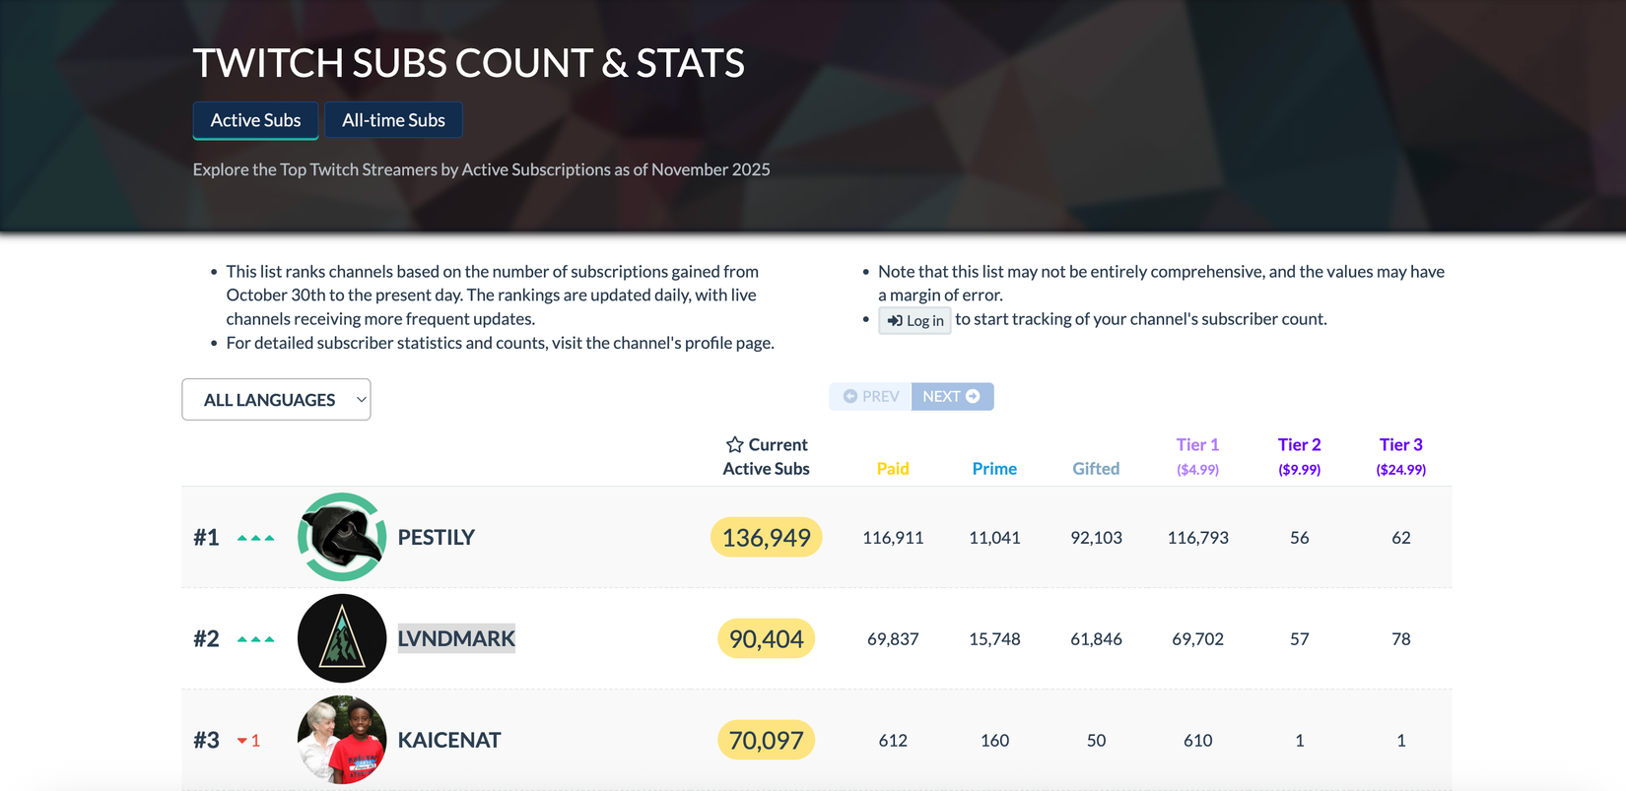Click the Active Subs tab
point(255,120)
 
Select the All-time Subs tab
point(393,120)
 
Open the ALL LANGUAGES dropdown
point(276,400)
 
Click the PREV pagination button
point(871,396)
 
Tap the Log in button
point(915,320)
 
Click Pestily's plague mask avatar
point(342,537)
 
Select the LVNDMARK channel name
point(456,638)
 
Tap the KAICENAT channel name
point(449,740)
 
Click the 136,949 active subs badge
point(766,538)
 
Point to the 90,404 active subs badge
point(766,639)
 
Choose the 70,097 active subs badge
point(766,740)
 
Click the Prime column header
point(994,469)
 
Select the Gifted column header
point(1096,469)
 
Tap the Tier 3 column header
point(1400,456)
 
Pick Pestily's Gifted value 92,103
point(1096,538)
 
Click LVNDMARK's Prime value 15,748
point(994,639)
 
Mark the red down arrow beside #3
point(242,741)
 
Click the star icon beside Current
point(735,445)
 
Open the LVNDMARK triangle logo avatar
point(342,638)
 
